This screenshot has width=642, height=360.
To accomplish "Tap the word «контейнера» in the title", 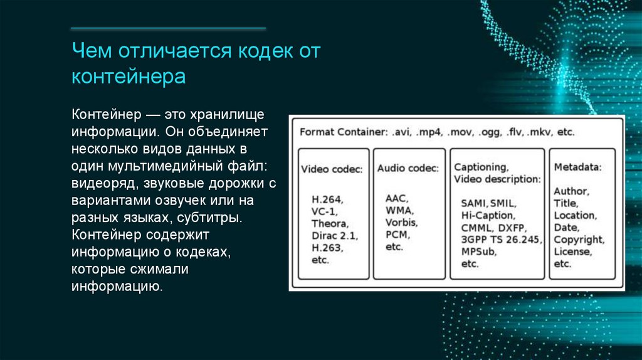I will tap(129, 77).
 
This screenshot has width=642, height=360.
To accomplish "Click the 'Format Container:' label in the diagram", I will tap(343, 133).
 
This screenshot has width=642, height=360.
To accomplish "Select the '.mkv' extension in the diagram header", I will tap(539, 133).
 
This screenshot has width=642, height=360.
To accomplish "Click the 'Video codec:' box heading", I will tap(332, 169).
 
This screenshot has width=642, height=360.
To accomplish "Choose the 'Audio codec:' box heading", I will tap(408, 168).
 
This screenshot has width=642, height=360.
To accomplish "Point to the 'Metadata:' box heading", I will tap(578, 167).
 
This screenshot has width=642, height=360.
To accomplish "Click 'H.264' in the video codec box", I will tap(327, 199).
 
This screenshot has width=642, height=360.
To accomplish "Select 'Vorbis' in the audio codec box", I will tap(401, 222).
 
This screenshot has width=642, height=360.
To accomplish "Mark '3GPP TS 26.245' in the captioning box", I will tap(501, 240).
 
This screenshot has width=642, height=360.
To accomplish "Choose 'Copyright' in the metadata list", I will tap(579, 240).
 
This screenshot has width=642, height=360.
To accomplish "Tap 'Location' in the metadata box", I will tap(575, 215).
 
